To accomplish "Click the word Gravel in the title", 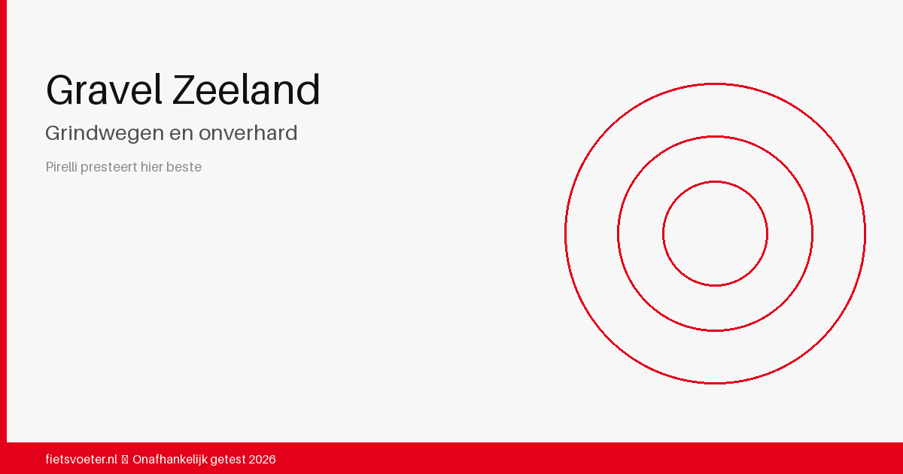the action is (104, 90).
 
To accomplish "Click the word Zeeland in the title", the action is (246, 90).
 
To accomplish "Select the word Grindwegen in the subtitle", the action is (105, 133).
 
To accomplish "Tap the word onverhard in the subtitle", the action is (248, 132).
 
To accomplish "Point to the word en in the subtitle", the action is (181, 134).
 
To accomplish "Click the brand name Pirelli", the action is (61, 166).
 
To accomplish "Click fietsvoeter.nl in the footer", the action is (81, 459).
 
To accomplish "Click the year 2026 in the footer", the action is (263, 460).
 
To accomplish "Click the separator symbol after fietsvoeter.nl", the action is (125, 460).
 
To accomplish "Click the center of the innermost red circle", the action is (715, 234).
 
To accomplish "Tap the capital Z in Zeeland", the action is (184, 90).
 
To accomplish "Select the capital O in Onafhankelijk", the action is (138, 460).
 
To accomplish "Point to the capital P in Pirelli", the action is (49, 166).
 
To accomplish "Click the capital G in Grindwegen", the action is (53, 133).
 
